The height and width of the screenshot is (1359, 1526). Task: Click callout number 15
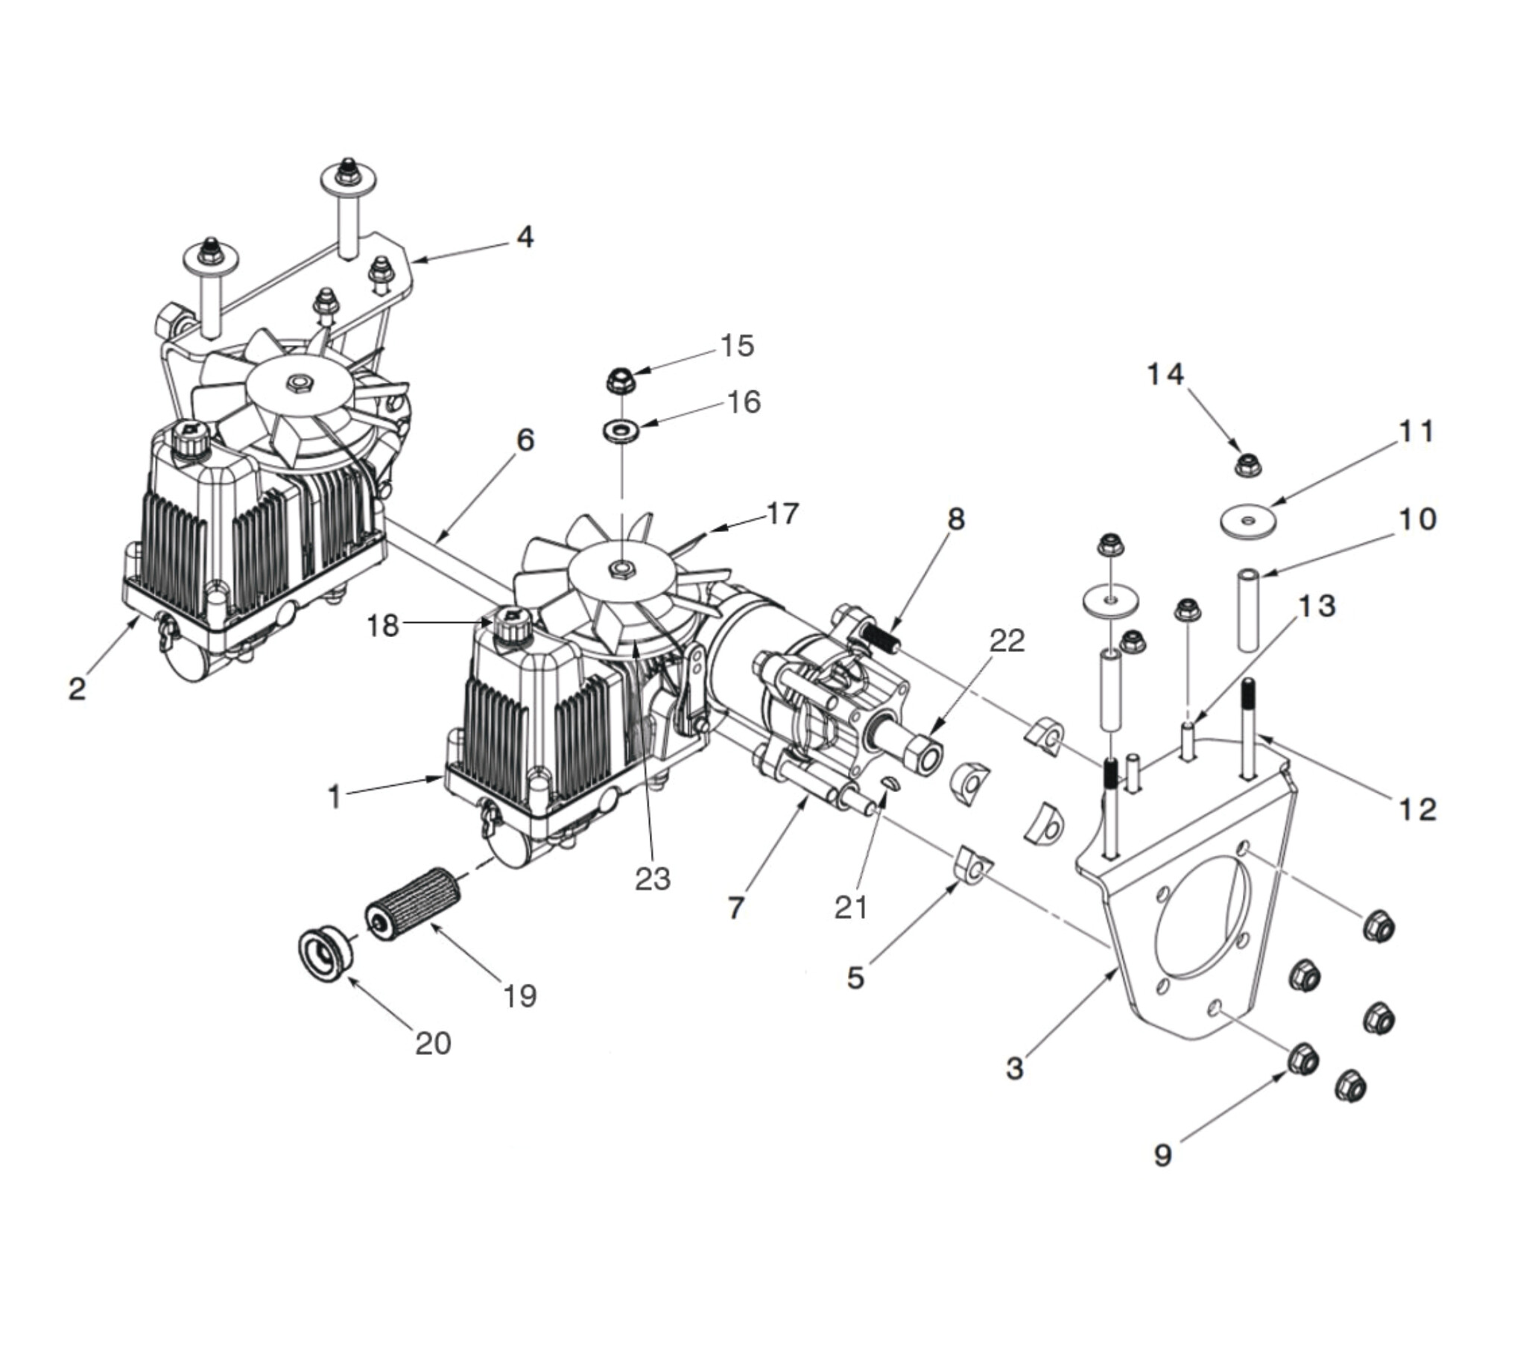pyautogui.click(x=737, y=346)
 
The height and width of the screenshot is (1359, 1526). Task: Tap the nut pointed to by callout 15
pyautogui.click(x=621, y=381)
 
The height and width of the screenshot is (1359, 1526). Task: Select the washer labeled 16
pyautogui.click(x=620, y=431)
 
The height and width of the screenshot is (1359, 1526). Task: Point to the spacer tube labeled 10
pyautogui.click(x=1249, y=610)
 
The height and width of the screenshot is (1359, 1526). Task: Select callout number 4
pyautogui.click(x=525, y=238)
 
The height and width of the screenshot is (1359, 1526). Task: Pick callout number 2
pyautogui.click(x=77, y=688)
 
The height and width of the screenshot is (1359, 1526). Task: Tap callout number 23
pyautogui.click(x=653, y=879)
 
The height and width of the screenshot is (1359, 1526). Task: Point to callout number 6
pyautogui.click(x=525, y=440)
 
